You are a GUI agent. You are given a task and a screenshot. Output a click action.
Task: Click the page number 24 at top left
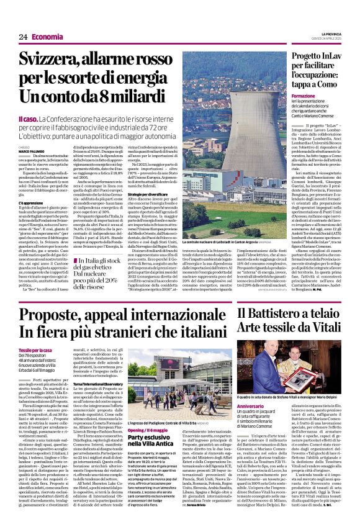coord(23,37)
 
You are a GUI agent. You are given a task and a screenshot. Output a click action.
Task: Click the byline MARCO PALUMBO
coord(31,151)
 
